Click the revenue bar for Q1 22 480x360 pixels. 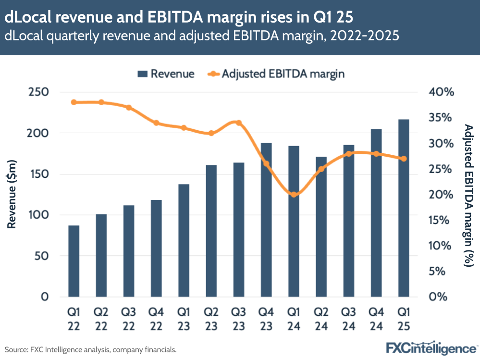(x=74, y=261)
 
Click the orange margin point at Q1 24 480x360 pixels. (x=294, y=194)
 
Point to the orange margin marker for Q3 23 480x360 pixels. (x=239, y=123)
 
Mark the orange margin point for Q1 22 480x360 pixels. (x=74, y=102)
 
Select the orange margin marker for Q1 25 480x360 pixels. (x=404, y=159)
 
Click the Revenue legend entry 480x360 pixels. (x=166, y=74)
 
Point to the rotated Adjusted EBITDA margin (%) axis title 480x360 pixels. (x=468, y=195)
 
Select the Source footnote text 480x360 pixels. (x=91, y=349)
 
